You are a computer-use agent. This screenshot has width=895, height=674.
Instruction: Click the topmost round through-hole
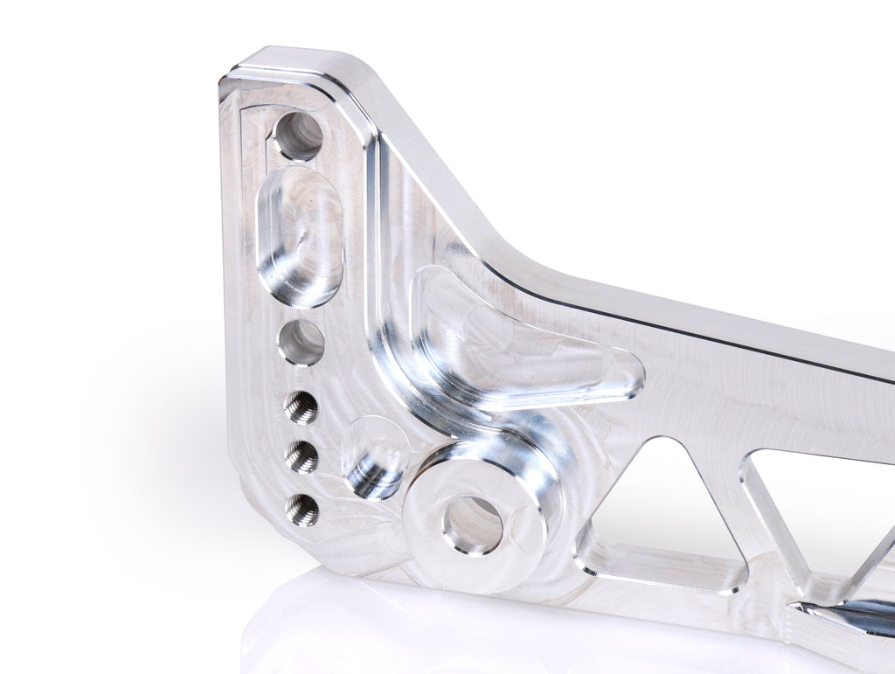pyautogui.click(x=299, y=135)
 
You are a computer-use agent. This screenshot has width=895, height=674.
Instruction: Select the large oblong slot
pyautogui.click(x=300, y=237)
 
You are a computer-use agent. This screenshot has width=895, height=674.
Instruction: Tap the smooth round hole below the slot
pyautogui.click(x=301, y=342)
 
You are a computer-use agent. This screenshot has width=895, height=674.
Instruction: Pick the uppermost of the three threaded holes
pyautogui.click(x=301, y=406)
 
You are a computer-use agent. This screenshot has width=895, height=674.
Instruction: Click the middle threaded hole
pyautogui.click(x=302, y=456)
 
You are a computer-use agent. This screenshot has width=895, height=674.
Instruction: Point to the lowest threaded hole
pyautogui.click(x=302, y=510)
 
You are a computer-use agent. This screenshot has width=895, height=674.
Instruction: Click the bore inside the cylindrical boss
pyautogui.click(x=473, y=525)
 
